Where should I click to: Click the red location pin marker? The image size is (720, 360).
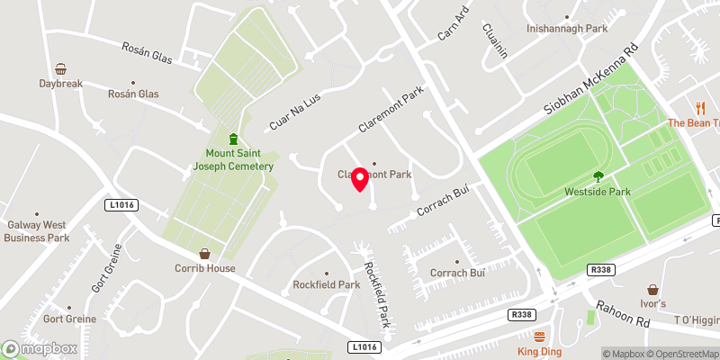click(x=360, y=178)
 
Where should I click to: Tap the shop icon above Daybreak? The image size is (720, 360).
click(x=60, y=69)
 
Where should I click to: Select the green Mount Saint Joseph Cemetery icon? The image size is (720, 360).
click(x=233, y=139)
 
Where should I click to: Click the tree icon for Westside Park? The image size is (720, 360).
click(x=598, y=175)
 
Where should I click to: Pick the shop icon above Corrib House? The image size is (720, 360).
click(x=205, y=254)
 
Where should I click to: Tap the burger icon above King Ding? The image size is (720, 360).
click(x=540, y=337)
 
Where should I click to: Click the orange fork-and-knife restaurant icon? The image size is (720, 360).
click(x=697, y=107)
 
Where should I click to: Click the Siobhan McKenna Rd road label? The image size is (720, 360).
click(x=590, y=80)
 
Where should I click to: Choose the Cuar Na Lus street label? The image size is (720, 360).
click(x=294, y=112)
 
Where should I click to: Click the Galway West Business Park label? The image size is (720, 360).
click(x=37, y=231)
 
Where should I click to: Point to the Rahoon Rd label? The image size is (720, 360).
click(x=616, y=316)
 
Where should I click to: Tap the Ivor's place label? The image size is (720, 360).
click(x=652, y=304)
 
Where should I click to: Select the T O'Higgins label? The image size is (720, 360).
click(x=697, y=320)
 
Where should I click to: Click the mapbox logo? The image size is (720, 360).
click(x=40, y=348)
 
